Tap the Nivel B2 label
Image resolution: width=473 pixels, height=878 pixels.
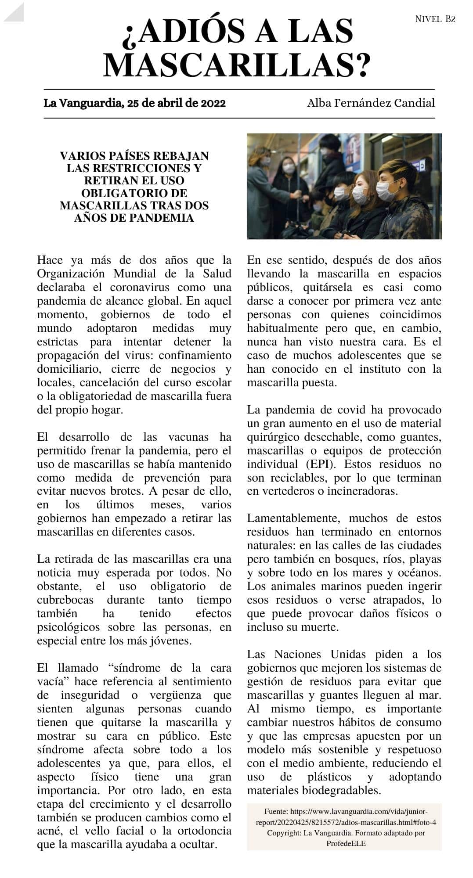coord(435,19)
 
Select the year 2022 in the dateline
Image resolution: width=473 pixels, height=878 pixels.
coord(213,103)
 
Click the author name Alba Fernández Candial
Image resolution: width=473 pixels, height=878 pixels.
coord(371,103)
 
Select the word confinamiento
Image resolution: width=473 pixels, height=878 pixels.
coord(195,355)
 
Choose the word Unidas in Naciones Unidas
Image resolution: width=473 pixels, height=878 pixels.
coord(348,654)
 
